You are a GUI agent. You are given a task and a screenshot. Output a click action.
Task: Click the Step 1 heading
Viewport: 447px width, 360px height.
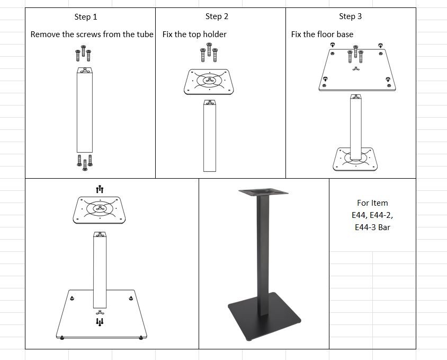click(86, 17)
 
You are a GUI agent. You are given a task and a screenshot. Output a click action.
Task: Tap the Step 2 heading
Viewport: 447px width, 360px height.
click(217, 16)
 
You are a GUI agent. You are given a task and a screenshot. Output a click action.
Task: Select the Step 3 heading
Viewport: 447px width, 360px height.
click(351, 16)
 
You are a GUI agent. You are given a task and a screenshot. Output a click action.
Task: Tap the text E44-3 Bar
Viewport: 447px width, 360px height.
click(372, 227)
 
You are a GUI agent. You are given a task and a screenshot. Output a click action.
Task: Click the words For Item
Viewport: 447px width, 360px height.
click(372, 203)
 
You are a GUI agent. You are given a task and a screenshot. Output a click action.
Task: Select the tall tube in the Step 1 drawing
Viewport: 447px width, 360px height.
click(85, 110)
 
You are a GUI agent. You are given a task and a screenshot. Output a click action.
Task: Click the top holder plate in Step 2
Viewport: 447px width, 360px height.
click(209, 82)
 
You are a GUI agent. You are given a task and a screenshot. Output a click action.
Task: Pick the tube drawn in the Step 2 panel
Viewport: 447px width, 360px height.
click(210, 136)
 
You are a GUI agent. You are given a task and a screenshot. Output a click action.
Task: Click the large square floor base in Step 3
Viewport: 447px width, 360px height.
click(357, 70)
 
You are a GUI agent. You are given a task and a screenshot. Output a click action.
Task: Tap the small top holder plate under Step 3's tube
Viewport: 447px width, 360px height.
click(355, 159)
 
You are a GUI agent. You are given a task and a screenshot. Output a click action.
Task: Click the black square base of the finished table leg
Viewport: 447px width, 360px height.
click(264, 316)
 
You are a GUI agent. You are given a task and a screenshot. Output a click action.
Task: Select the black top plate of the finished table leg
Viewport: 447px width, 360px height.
click(263, 192)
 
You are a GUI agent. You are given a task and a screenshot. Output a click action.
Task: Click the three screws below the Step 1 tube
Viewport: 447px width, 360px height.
click(85, 162)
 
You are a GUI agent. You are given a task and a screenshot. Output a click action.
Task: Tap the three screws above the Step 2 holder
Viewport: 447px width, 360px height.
click(209, 52)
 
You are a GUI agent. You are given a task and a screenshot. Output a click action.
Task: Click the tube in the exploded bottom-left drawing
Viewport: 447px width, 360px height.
click(100, 270)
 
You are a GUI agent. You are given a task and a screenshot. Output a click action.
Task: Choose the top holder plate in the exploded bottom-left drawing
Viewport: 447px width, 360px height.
click(99, 210)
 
